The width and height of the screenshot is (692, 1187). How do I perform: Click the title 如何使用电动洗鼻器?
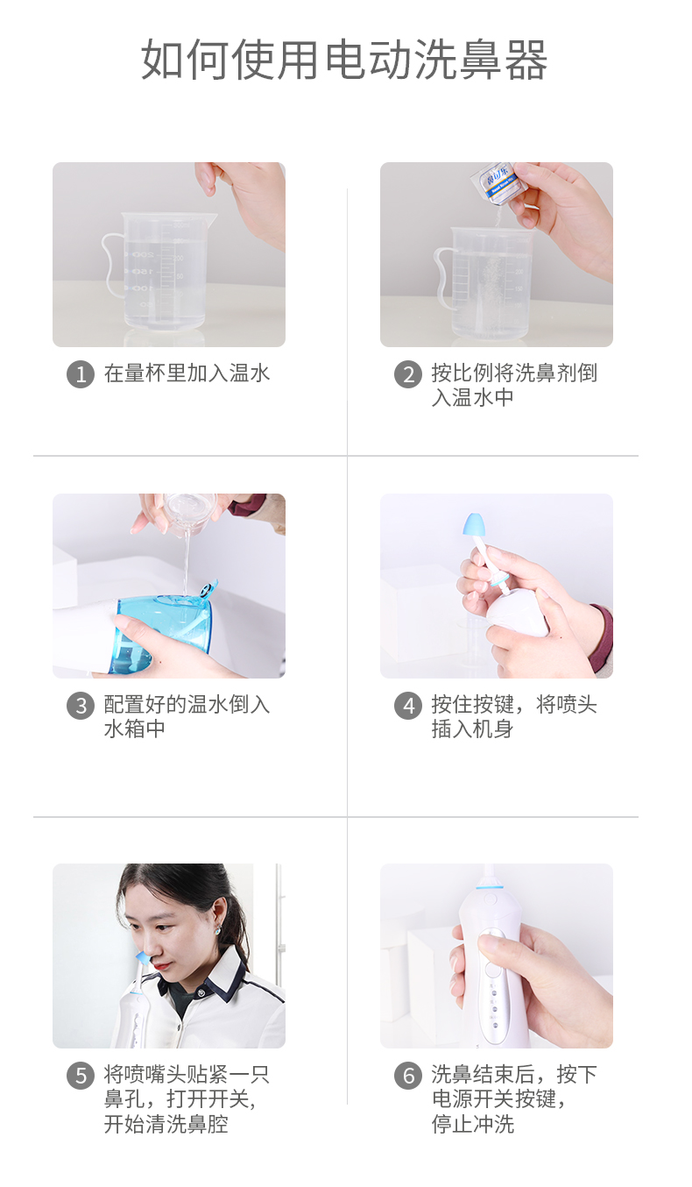click(x=344, y=60)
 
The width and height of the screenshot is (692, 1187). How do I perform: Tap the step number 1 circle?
click(x=81, y=374)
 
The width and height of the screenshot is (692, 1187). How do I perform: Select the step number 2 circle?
click(x=408, y=374)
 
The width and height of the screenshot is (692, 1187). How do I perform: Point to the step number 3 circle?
click(x=81, y=706)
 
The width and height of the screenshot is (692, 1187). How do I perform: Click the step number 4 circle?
click(x=408, y=706)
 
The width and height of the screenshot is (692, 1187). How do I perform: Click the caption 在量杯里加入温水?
click(x=187, y=373)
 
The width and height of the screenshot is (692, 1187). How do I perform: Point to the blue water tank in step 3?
click(x=161, y=633)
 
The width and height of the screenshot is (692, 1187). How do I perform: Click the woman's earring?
click(x=217, y=930)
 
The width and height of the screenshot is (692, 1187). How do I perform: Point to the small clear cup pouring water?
click(x=189, y=512)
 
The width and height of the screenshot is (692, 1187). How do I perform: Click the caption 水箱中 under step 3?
click(x=135, y=729)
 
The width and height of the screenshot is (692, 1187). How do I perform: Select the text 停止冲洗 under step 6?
click(x=473, y=1123)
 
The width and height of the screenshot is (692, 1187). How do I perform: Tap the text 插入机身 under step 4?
click(x=472, y=729)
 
